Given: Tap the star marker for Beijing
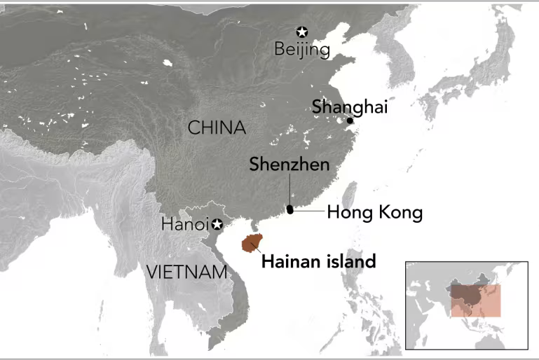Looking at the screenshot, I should tap(302, 32).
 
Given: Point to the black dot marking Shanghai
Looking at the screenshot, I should tap(350, 120).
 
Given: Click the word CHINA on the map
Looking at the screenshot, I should tap(217, 127).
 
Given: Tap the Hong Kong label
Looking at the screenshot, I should tap(374, 212).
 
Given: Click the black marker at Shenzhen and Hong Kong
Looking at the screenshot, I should tap(290, 209).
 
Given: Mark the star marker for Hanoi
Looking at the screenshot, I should tap(217, 224).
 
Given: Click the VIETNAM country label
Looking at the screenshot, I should tap(187, 272).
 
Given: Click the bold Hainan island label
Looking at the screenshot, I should tap(318, 261).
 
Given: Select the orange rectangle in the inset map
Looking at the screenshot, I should tap(476, 300).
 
